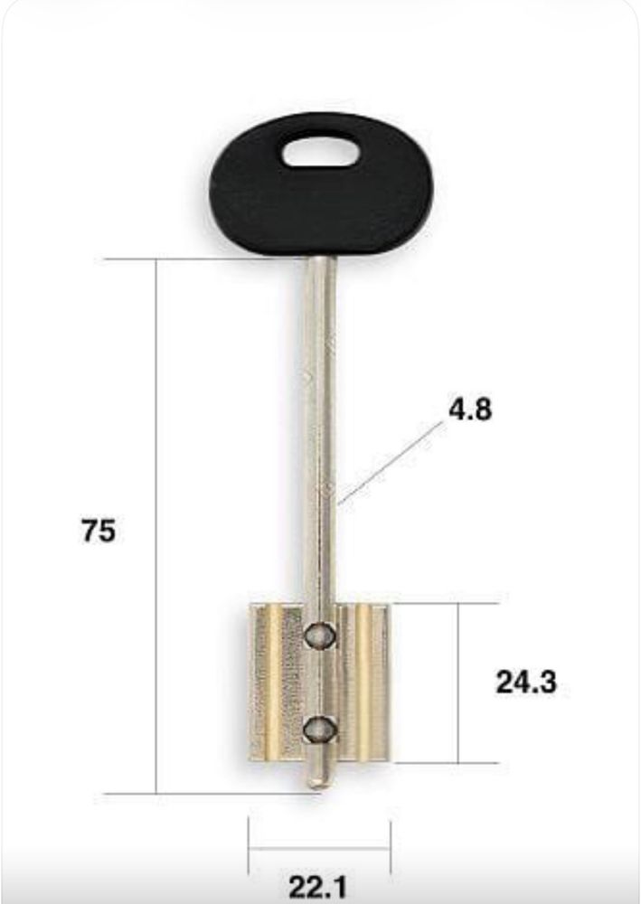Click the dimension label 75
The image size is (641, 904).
click(99, 532)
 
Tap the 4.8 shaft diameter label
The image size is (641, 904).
click(470, 410)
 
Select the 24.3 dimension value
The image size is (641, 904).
click(525, 683)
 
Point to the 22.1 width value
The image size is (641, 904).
click(318, 887)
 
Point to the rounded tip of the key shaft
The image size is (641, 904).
click(317, 779)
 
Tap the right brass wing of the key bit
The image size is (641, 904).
click(368, 683)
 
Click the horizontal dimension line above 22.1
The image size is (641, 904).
click(319, 848)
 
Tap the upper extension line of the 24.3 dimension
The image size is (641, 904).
click(443, 603)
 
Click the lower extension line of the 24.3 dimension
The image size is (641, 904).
click(443, 763)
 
